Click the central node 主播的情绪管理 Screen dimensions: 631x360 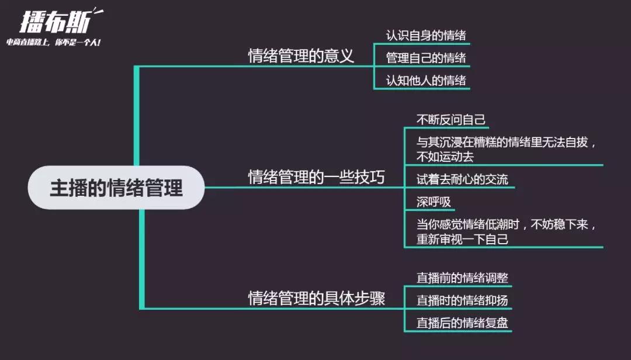point(116,188)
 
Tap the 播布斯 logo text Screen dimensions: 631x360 point(56,22)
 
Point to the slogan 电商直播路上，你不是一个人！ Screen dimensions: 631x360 point(54,42)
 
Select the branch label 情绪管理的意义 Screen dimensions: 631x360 point(301,56)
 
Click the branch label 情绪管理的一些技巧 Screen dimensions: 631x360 point(316,177)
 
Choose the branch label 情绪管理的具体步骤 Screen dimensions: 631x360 point(316,299)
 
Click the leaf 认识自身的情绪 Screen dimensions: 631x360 point(426,36)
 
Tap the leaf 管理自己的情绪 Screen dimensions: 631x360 point(426,58)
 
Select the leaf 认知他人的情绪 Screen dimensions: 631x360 point(426,81)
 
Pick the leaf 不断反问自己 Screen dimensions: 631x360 point(450,120)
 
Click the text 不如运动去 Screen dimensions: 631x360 point(445,157)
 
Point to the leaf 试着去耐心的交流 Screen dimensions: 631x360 point(462,179)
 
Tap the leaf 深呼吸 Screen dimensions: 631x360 point(434,202)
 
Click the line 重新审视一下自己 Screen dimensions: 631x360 point(462,239)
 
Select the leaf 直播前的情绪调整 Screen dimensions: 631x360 point(462,278)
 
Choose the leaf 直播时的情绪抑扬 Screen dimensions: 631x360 point(462,300)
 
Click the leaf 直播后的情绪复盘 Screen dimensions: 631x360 point(462,323)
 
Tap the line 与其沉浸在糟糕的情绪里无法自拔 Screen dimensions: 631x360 point(502,142)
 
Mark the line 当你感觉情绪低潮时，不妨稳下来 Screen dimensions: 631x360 point(502,224)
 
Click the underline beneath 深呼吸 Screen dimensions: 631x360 point(429,210)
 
